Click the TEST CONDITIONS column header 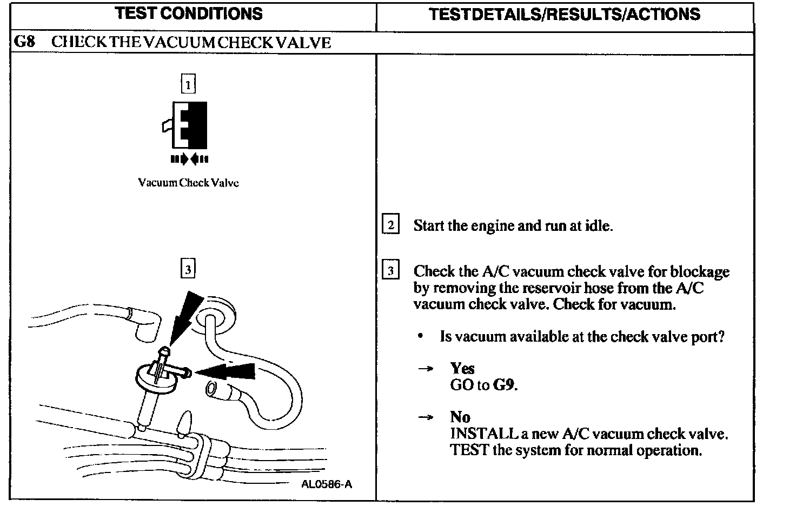pos(189,14)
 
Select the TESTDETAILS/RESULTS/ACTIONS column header pos(564,15)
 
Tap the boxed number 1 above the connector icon pos(188,84)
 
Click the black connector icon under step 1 pos(187,125)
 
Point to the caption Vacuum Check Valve pos(188,183)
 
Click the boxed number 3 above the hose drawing pos(188,269)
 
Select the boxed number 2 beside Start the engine pos(390,224)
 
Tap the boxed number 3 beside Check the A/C pos(390,270)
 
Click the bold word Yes pos(462,369)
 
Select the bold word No pos(460,417)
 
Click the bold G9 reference pos(505,385)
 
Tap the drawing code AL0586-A pos(327,484)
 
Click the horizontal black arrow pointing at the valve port pos(227,371)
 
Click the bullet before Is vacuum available pos(420,337)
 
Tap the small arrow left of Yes pos(426,369)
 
